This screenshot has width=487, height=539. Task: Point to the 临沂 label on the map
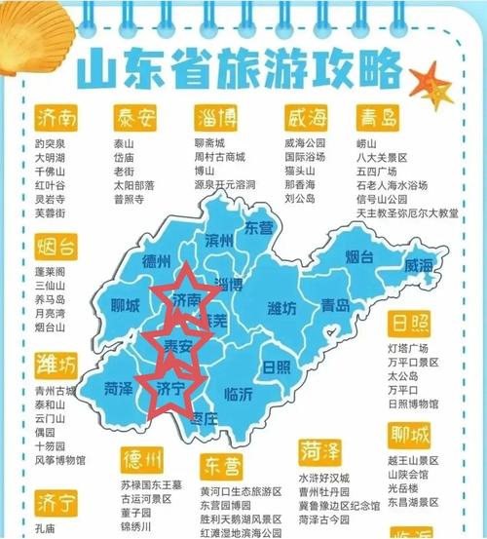pyautogui.click(x=238, y=394)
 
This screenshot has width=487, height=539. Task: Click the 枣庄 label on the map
pyautogui.click(x=204, y=418)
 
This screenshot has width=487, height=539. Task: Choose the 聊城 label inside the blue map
pyautogui.click(x=126, y=306)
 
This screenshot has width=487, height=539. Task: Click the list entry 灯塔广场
pyautogui.click(x=409, y=347)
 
